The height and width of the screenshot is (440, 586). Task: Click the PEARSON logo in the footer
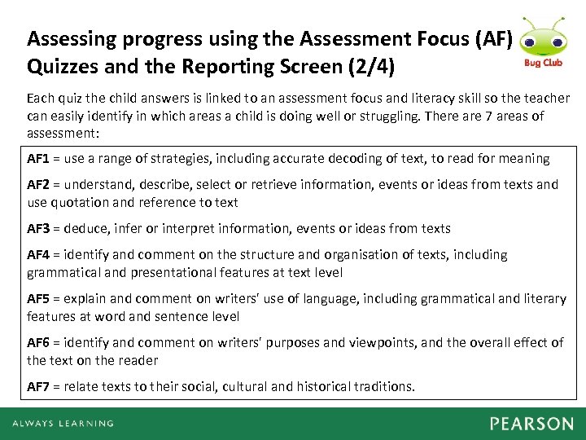[531, 424]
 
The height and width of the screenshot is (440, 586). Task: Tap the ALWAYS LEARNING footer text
[63, 424]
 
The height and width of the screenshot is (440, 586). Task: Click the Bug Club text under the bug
[538, 62]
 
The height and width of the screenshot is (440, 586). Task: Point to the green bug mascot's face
[538, 38]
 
